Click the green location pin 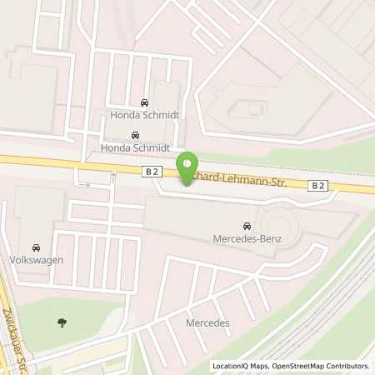[188, 167]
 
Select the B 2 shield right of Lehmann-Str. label [318, 185]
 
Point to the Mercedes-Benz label [247, 239]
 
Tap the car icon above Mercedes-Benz [247, 226]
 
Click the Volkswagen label [37, 259]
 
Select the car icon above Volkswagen [36, 247]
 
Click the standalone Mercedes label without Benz [207, 322]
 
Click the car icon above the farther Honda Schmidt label [145, 103]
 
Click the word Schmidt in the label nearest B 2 [148, 147]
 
